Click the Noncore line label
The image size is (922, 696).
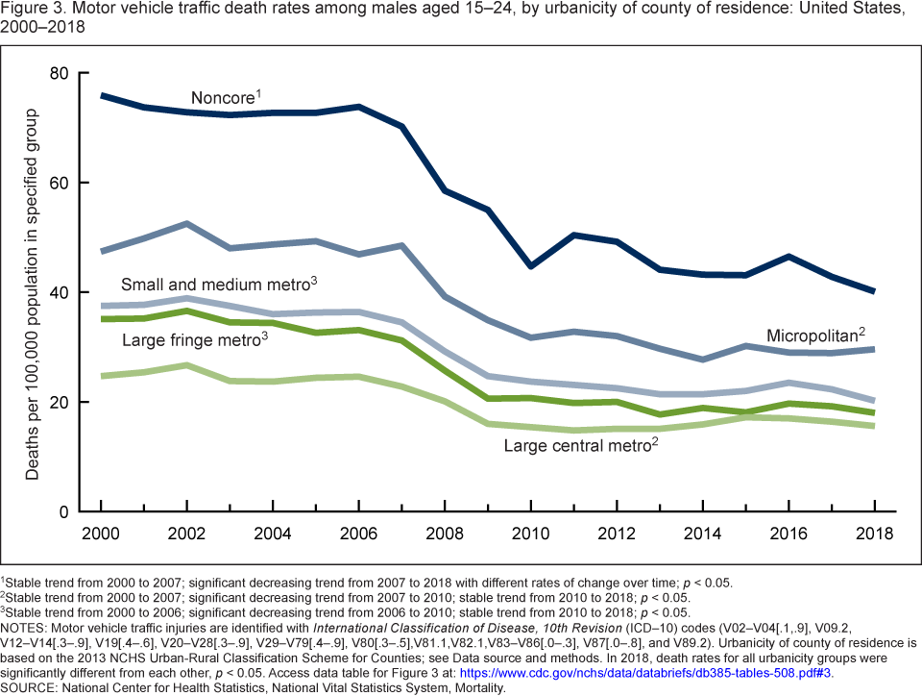(225, 98)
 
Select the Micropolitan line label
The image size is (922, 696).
(814, 336)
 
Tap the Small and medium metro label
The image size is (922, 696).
(218, 285)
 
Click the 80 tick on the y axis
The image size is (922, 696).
(59, 73)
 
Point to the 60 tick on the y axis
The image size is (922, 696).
(59, 183)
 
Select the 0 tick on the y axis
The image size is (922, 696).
(63, 511)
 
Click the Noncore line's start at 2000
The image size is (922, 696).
(102, 96)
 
